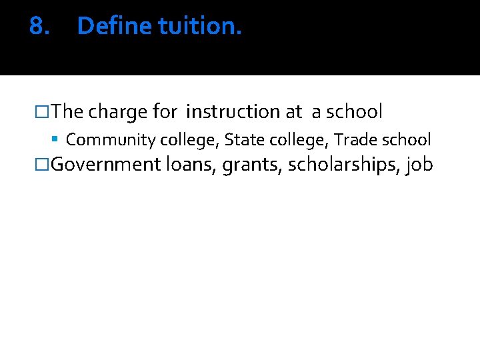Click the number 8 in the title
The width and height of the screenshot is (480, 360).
tap(36, 26)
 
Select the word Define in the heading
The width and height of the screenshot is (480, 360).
tap(115, 26)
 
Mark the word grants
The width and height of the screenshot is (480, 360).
tap(251, 165)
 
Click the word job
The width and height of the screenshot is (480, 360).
tap(419, 165)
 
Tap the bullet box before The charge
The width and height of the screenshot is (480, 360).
tap(45, 112)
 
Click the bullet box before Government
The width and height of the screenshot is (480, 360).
tap(45, 164)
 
